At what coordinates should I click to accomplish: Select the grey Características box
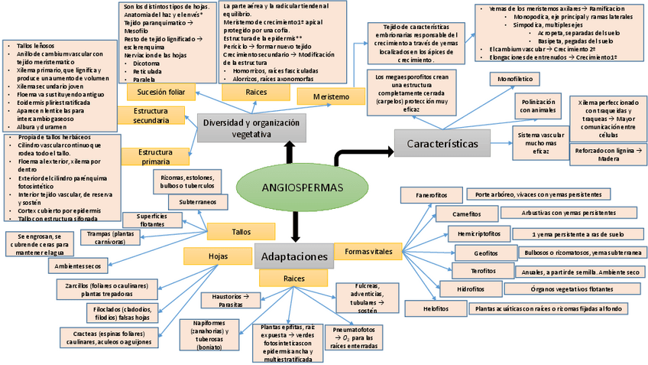442,144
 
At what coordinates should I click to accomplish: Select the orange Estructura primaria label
155,156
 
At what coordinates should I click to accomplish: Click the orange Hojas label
208,256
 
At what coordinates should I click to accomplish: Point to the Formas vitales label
368,251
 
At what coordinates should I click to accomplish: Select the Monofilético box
514,79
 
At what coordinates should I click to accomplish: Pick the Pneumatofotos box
353,337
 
